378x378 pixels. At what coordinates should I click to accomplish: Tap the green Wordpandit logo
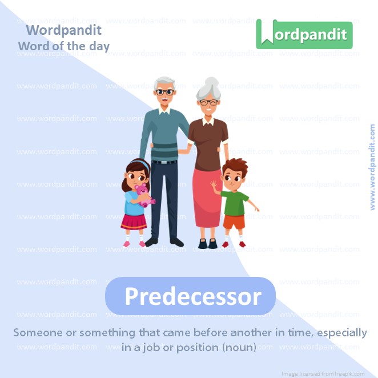tap(304, 34)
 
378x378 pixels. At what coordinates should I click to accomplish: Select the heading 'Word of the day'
tap(63, 46)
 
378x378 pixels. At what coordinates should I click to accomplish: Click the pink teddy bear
tap(143, 194)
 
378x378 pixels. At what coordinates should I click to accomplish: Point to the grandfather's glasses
tap(165, 91)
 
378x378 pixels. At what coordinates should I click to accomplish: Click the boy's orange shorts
tap(234, 221)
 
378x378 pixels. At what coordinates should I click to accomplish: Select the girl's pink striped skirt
tap(134, 220)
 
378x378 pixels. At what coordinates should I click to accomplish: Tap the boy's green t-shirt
tap(235, 201)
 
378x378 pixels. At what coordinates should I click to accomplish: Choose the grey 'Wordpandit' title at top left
tap(64, 30)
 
